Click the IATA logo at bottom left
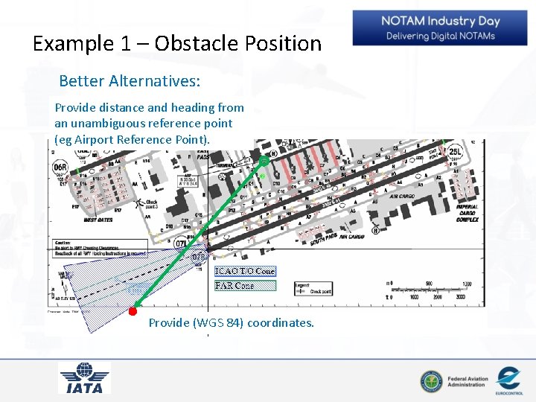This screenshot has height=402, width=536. (x=84, y=378)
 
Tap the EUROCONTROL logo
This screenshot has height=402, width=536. (x=508, y=380)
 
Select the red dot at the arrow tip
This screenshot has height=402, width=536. (x=133, y=310)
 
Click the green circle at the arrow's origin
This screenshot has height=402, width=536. (x=264, y=161)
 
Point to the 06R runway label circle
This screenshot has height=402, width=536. (x=59, y=167)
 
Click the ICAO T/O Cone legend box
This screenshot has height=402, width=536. (x=245, y=271)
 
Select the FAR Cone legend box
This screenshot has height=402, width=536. (x=245, y=285)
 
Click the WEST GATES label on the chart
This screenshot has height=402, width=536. (x=98, y=220)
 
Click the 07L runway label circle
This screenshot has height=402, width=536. (x=182, y=244)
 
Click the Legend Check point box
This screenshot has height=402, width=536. (x=313, y=288)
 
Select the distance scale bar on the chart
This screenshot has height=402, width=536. (x=433, y=290)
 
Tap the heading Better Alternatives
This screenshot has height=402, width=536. (x=130, y=80)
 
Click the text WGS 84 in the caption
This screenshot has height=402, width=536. (x=222, y=322)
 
